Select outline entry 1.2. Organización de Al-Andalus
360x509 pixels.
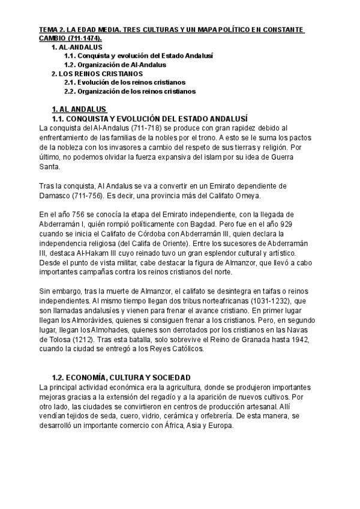(x=115, y=64)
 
